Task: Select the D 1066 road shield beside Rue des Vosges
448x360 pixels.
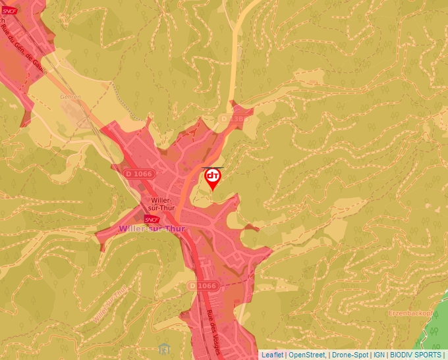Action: [x=202, y=286]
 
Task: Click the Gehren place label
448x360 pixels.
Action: [x=70, y=97]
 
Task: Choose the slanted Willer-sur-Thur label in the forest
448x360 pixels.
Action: [x=110, y=303]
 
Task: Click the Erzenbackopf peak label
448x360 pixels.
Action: [x=412, y=313]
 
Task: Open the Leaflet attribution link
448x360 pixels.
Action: [x=272, y=355]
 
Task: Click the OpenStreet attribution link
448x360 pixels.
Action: [x=307, y=355]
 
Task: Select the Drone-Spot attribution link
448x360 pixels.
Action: [x=350, y=355]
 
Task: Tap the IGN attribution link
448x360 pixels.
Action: [x=379, y=355]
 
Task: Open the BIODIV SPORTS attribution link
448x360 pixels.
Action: [x=416, y=355]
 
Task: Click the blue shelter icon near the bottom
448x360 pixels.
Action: [x=164, y=347]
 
